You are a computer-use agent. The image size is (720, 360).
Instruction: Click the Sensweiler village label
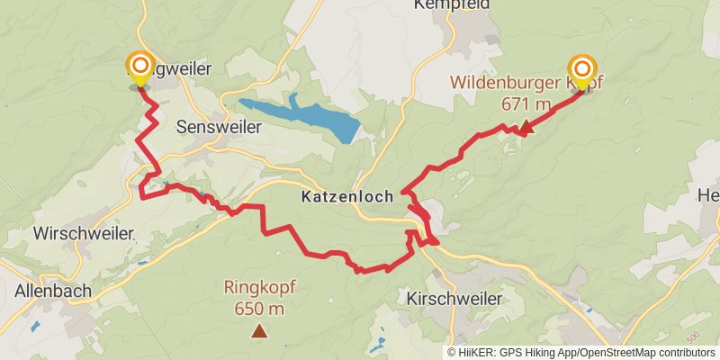pos(220,127)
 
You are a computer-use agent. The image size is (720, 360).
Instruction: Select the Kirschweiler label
pos(453,297)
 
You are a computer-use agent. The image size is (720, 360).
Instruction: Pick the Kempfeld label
pos(452,4)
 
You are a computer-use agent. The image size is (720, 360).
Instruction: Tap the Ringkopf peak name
pos(260,289)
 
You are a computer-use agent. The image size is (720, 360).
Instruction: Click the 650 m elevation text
pos(260,309)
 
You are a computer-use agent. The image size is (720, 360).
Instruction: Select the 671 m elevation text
pos(526,103)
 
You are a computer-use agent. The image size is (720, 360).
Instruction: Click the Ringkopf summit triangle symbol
pos(260,332)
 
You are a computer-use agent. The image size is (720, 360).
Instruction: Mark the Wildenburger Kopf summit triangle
pos(527,127)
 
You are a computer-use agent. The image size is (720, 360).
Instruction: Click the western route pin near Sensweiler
pos(140,67)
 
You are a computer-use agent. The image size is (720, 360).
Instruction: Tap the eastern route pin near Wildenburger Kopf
pos(582,69)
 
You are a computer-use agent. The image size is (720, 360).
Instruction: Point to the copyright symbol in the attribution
pos(452,352)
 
